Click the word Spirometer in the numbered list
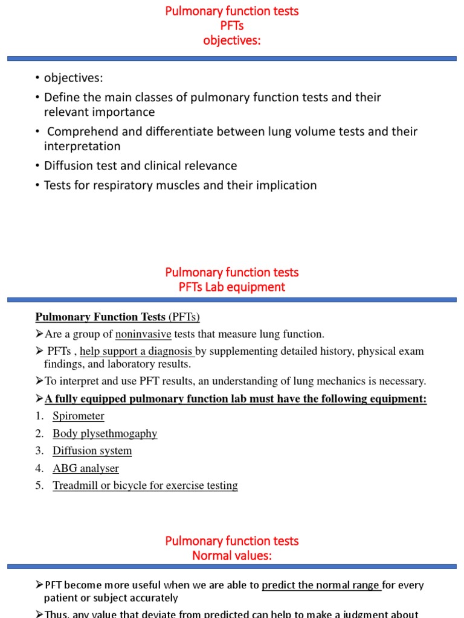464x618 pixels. [78, 416]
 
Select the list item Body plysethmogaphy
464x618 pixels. [105, 433]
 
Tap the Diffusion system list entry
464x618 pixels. [92, 451]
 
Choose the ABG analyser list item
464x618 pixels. [85, 468]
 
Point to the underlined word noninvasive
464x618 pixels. [143, 334]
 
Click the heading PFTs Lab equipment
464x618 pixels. [232, 287]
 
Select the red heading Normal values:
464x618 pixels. [232, 556]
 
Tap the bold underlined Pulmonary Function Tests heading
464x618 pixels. [100, 317]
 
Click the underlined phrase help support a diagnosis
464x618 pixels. [137, 351]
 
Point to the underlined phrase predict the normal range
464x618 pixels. [321, 585]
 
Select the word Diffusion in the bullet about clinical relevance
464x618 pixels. [68, 165]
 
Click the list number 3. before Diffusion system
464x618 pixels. [40, 451]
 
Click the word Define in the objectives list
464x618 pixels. [62, 97]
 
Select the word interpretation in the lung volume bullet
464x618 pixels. [82, 146]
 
